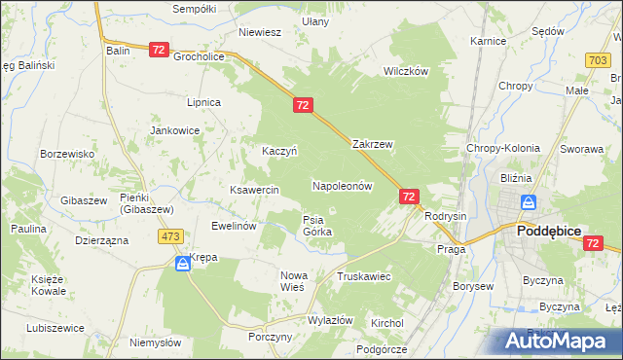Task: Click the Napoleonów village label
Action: point(343,185)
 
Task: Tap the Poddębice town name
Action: point(548,231)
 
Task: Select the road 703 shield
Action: point(600,60)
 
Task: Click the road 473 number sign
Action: point(172,236)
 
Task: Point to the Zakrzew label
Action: point(372,144)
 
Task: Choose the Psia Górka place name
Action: point(317,226)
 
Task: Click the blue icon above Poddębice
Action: point(529,203)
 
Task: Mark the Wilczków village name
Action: point(406,72)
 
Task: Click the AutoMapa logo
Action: point(555,341)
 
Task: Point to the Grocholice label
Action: point(200,56)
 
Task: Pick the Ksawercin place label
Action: point(254,190)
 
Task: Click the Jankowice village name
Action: point(174,129)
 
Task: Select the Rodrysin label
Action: point(447,216)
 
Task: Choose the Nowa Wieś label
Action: point(293,281)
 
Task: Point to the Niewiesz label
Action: point(260,32)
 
